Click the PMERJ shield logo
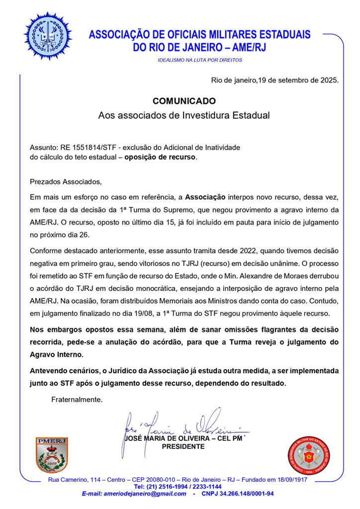click(x=52, y=454)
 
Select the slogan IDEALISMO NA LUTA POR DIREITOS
click(x=199, y=60)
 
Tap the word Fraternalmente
click(x=77, y=399)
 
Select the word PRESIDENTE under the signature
click(x=183, y=446)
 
